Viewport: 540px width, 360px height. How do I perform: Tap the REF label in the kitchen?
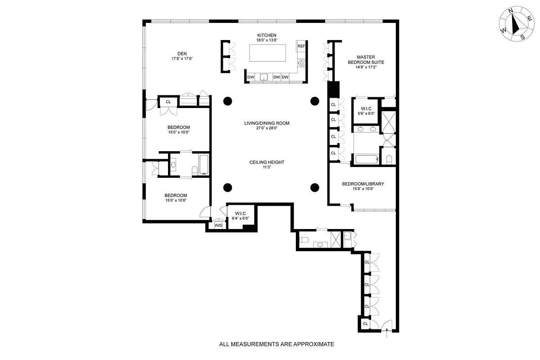click(301, 46)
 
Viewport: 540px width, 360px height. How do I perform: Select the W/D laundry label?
click(218, 225)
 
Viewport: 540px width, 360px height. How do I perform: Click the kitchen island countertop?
click(268, 53)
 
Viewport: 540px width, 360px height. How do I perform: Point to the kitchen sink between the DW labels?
click(264, 77)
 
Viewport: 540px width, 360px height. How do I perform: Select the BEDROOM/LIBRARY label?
click(363, 184)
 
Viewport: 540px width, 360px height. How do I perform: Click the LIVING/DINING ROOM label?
click(267, 123)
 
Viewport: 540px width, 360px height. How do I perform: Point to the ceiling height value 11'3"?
click(267, 169)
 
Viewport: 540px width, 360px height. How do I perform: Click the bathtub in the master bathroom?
click(367, 159)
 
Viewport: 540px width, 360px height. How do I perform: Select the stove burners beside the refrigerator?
click(301, 63)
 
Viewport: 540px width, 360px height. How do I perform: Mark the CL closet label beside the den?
click(168, 102)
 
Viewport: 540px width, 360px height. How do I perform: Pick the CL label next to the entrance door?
click(366, 324)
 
